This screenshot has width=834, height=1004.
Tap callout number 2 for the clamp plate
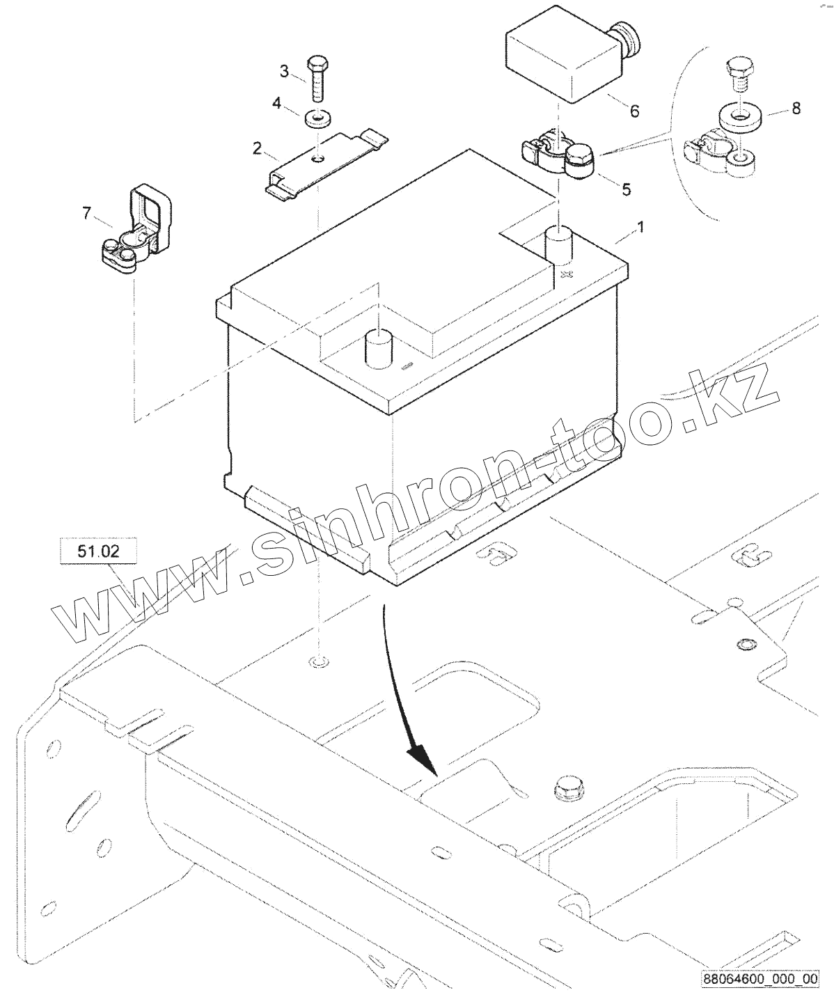258,148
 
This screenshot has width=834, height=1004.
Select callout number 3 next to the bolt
284,70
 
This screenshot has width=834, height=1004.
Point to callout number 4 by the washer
276,104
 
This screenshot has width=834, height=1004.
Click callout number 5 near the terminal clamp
627,189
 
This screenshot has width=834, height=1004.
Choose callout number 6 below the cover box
634,111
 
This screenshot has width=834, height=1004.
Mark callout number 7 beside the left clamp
86,213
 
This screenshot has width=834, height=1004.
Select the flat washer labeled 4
317,118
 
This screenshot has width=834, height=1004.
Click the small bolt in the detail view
737,74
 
